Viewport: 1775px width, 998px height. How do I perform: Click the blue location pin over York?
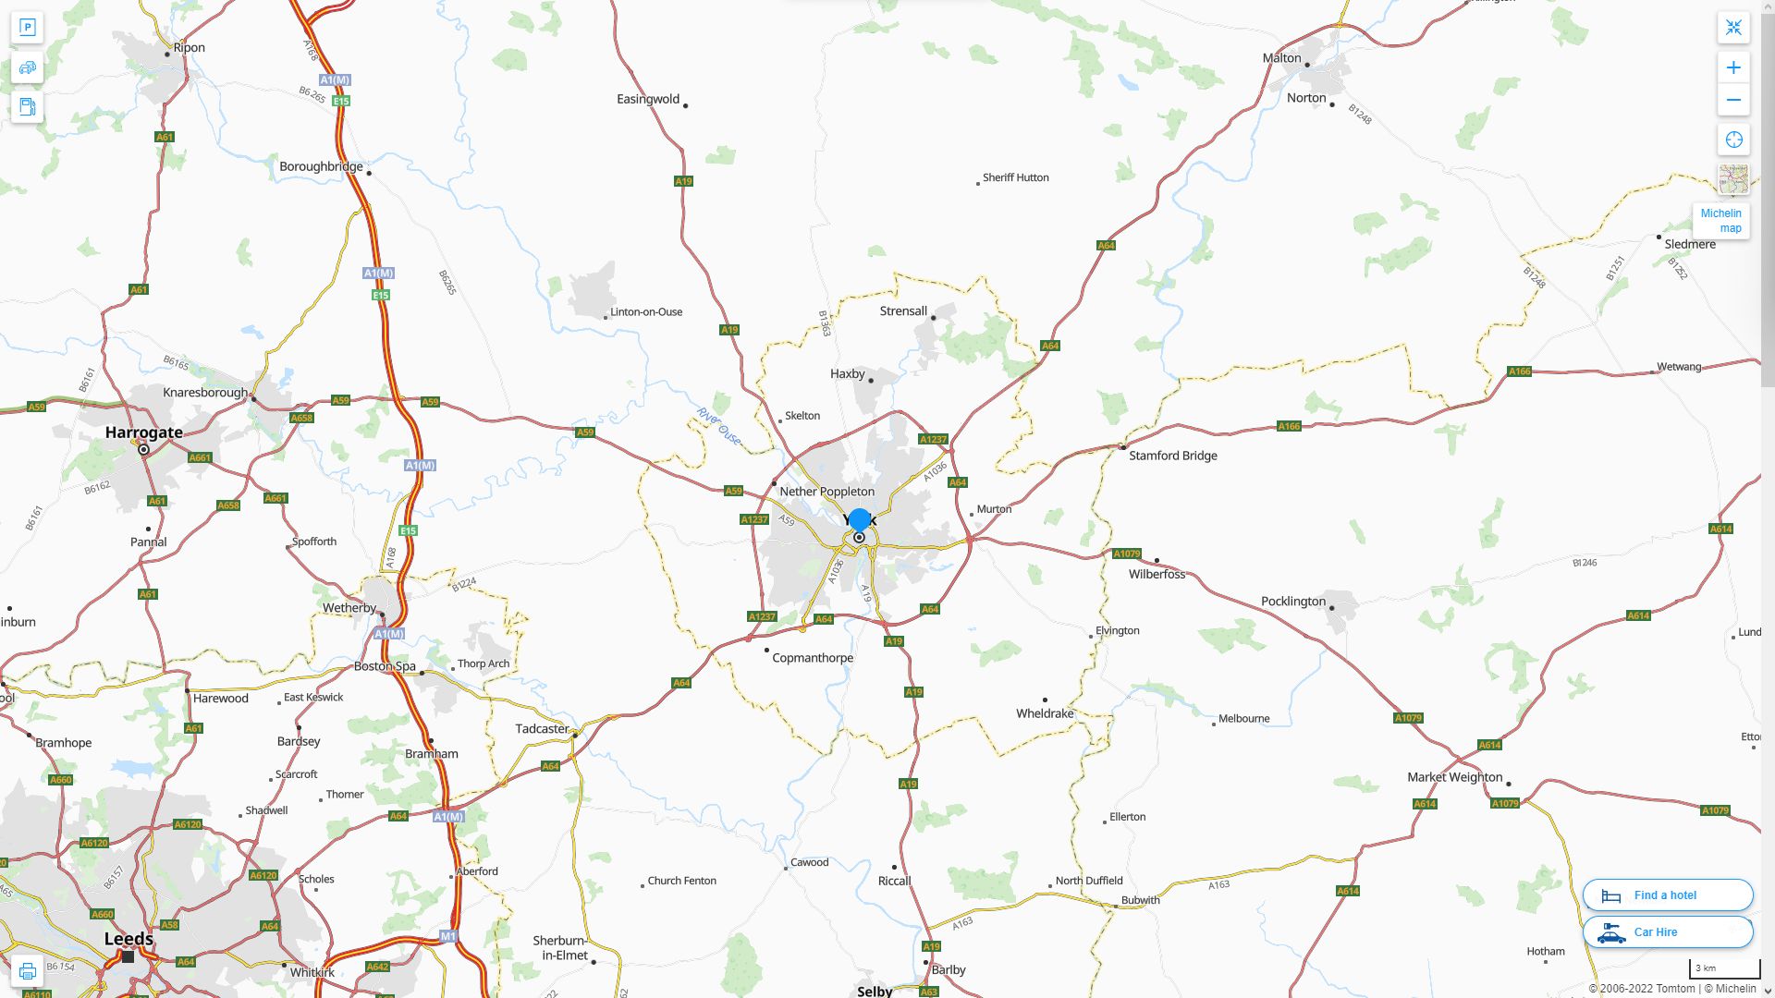pos(859,520)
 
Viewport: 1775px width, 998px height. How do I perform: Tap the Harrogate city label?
pos(143,432)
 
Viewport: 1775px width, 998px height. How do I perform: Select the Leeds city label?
pos(129,939)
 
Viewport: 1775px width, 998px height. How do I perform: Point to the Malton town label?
pos(1281,58)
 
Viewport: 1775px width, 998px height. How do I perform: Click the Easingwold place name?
pos(648,99)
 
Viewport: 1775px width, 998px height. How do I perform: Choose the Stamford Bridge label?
pos(1172,456)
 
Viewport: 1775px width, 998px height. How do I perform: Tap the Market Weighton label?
pos(1454,777)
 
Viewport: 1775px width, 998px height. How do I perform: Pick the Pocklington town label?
pos(1292,602)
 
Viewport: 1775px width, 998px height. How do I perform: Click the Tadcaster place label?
pos(542,729)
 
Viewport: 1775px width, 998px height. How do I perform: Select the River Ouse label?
pos(718,426)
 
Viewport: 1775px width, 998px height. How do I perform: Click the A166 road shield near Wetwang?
pos(1519,371)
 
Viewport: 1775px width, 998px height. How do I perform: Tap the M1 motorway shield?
pos(448,936)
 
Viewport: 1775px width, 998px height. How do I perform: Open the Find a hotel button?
pos(1667,895)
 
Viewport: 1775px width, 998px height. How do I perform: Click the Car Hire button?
pos(1667,932)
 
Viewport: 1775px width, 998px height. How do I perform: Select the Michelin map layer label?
pos(1720,221)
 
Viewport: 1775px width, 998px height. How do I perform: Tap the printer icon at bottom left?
pos(28,971)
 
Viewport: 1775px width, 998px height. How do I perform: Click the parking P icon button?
pos(28,28)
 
